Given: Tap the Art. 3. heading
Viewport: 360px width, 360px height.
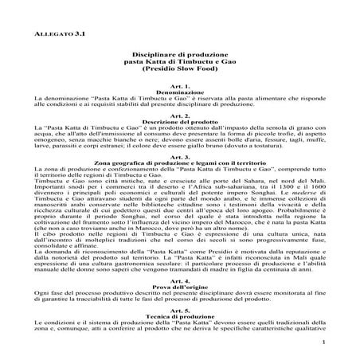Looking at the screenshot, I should (179, 180).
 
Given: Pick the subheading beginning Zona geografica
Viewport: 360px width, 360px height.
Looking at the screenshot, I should (179, 186).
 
